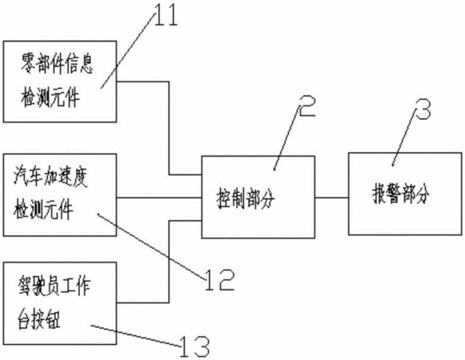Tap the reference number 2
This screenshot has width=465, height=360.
pos(307,106)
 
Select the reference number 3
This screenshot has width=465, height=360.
pos(423,109)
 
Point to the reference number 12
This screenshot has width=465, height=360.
pos(219,280)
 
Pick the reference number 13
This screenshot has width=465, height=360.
pos(194,346)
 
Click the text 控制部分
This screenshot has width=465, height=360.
pos(246,198)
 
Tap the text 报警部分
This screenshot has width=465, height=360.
pos(400,194)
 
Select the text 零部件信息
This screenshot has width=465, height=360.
pos(57,64)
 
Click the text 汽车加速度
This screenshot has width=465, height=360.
pos(50,177)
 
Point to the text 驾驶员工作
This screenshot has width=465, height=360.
pos(54,286)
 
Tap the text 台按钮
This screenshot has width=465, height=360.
pos(39,319)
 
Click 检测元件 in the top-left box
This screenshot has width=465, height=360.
pos(50,97)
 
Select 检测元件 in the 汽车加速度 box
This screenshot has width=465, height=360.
pos(43,210)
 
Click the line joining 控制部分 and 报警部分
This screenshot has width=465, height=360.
pos(331,198)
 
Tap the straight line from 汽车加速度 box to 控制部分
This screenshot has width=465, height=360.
pos(159,198)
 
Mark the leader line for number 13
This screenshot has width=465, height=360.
pos(135,336)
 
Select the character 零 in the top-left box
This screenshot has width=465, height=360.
pos(27,64)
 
